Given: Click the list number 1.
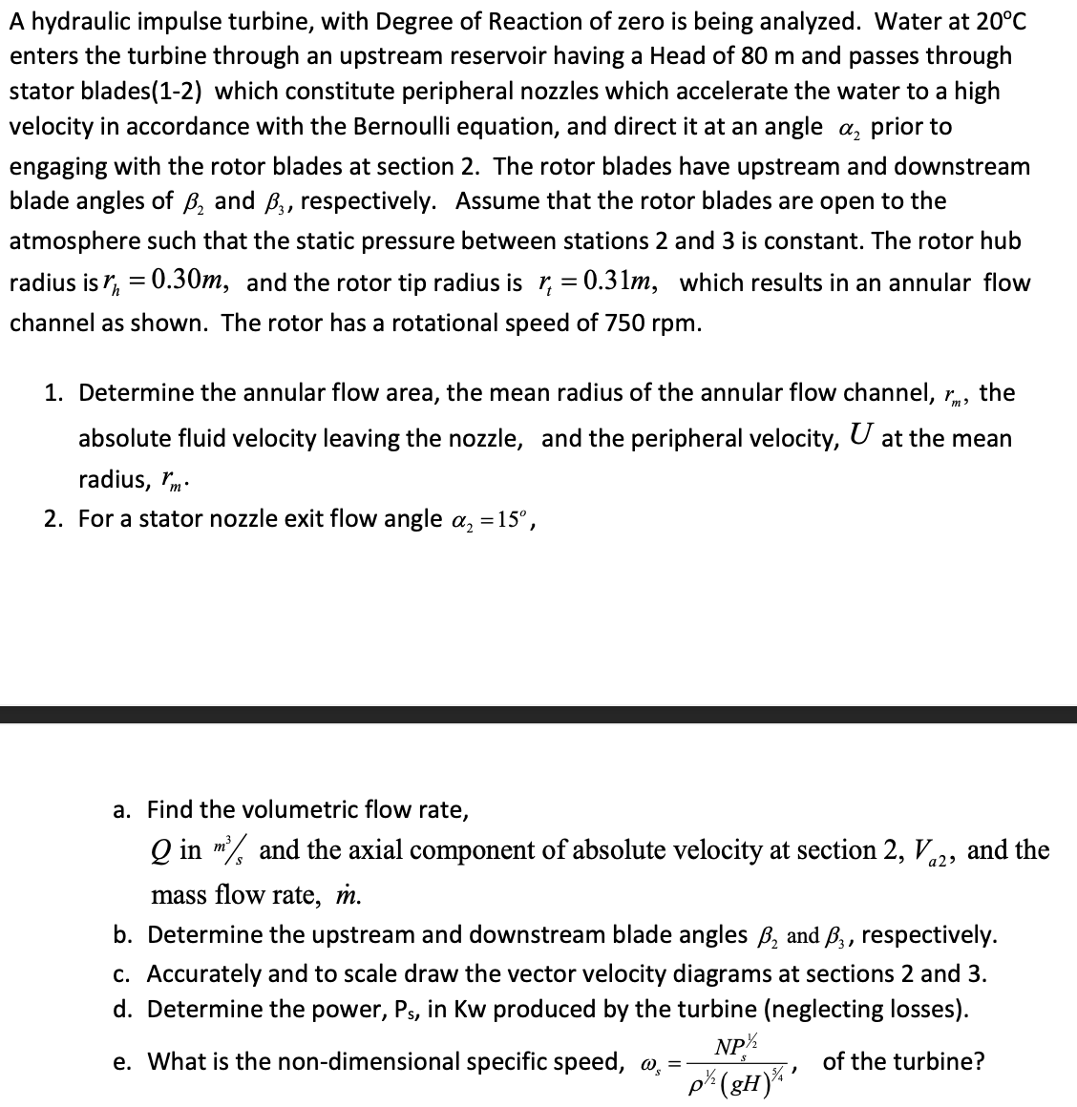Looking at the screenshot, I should [x=53, y=393].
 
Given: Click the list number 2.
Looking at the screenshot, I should [x=53, y=519].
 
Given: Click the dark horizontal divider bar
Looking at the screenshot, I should [x=538, y=715].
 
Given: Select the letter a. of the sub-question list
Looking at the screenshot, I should [x=122, y=810].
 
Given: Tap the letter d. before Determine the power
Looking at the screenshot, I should [x=122, y=1009].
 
